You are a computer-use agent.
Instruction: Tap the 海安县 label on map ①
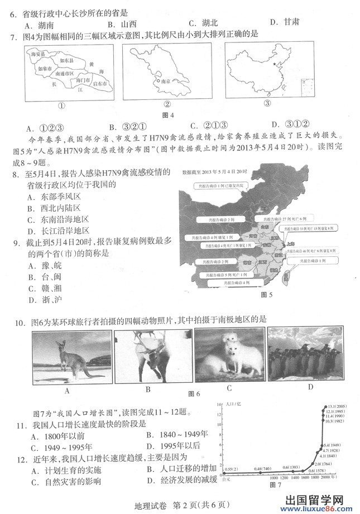tap(40, 54)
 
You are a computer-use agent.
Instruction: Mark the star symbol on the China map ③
tap(273, 65)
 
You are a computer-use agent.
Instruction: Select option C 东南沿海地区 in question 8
tap(58, 219)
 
